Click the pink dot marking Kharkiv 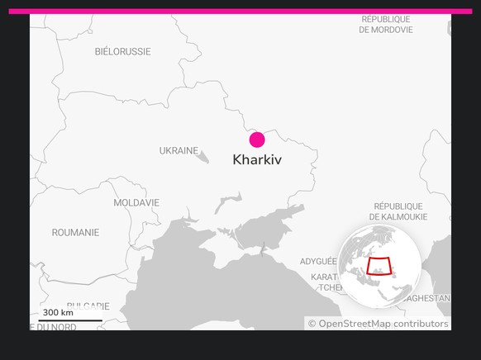tap(257, 140)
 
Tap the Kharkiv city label tap(257, 159)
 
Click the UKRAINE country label tap(179, 151)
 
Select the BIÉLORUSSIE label tap(122, 51)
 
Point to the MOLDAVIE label tap(136, 202)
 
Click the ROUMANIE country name tap(75, 233)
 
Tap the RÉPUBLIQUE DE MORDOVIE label tap(386, 24)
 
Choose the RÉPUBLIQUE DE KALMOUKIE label tap(398, 211)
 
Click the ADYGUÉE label tap(319, 262)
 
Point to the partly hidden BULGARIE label tap(88, 306)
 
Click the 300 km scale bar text tap(58, 312)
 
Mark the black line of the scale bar tap(70, 320)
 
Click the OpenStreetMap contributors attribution tap(378, 324)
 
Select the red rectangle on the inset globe tap(379, 266)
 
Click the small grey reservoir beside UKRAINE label tap(203, 156)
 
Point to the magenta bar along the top tap(240, 12)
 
